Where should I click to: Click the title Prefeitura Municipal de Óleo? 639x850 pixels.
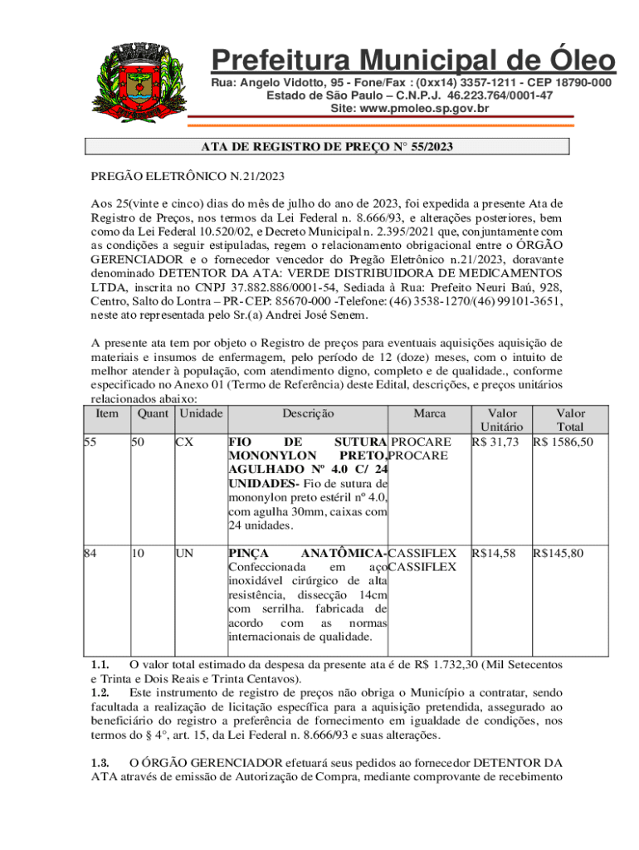413,61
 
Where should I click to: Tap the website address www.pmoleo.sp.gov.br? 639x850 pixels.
410,108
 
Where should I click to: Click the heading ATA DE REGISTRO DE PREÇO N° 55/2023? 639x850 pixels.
328,147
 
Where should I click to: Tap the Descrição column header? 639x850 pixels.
307,413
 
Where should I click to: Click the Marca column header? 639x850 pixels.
429,413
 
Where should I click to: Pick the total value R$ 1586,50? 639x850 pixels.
563,442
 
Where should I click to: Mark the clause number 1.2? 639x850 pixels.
100,691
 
